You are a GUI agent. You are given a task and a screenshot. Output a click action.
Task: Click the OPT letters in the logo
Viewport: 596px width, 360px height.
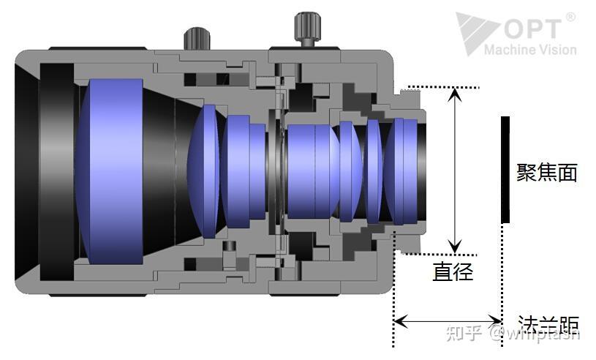(x=531, y=29)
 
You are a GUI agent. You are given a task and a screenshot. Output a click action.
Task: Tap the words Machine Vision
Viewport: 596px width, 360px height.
(x=530, y=50)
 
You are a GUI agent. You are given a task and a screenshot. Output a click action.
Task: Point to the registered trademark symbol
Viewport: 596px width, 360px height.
(x=570, y=16)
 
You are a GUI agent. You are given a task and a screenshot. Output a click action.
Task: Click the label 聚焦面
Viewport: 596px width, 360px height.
(x=547, y=173)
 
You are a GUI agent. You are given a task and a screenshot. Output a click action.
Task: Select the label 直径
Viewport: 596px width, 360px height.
(x=453, y=272)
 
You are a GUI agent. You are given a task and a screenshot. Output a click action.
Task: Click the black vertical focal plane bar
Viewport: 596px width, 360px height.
(x=504, y=169)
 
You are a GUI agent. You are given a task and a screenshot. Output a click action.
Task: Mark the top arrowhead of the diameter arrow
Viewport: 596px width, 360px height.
(x=456, y=95)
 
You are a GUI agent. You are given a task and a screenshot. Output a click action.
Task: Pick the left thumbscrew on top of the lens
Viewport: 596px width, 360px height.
(x=196, y=37)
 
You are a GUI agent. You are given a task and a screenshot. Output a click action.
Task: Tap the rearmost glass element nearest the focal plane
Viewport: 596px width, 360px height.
(x=401, y=170)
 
